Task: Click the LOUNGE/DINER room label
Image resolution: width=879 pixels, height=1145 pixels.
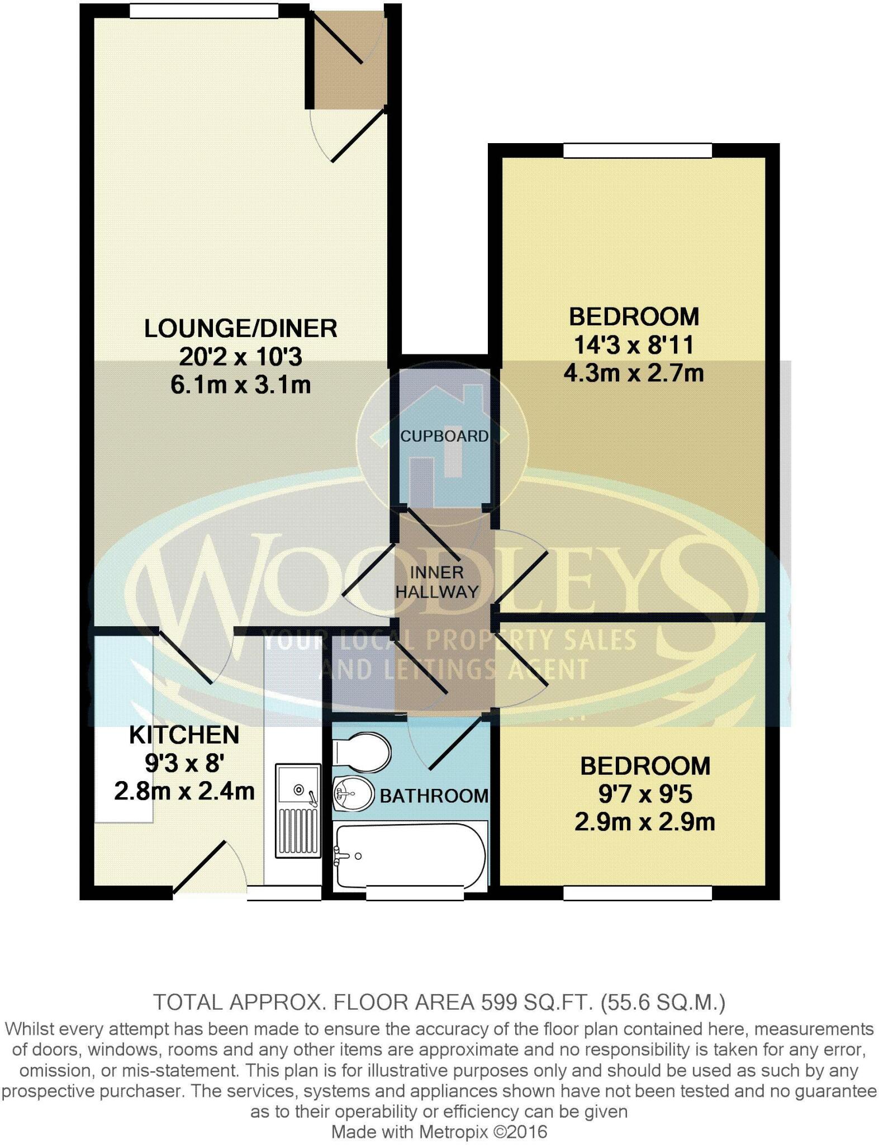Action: click(x=240, y=329)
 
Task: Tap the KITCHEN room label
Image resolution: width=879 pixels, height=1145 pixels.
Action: click(x=184, y=735)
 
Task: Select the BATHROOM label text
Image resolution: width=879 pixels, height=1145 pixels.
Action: click(x=434, y=796)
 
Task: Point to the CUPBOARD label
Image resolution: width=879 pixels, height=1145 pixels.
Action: click(x=444, y=436)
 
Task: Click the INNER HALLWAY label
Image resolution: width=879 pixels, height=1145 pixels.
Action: click(x=437, y=582)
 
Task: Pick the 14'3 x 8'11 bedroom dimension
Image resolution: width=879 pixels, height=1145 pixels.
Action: click(x=634, y=345)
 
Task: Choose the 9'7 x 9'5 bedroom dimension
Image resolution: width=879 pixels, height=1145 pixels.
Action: click(x=645, y=794)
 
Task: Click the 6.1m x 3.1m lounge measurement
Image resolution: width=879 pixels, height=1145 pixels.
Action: click(x=240, y=385)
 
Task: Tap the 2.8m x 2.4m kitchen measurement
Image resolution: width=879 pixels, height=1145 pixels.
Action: click(x=184, y=792)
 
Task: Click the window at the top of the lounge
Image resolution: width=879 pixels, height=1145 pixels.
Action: click(x=203, y=11)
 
